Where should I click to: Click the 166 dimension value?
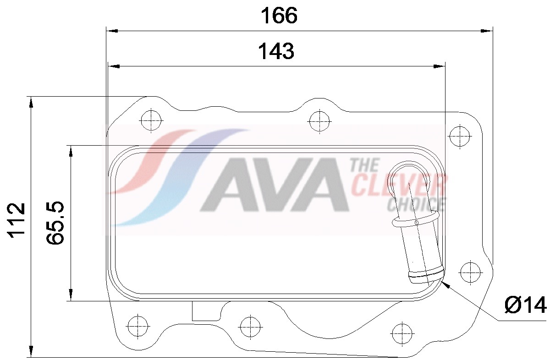pyautogui.click(x=279, y=16)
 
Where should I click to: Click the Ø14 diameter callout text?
pyautogui.click(x=525, y=305)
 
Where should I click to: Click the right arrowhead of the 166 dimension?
pyautogui.click(x=488, y=31)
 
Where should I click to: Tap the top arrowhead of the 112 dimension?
pyautogui.click(x=31, y=102)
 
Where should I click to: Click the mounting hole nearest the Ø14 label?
pyautogui.click(x=470, y=272)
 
